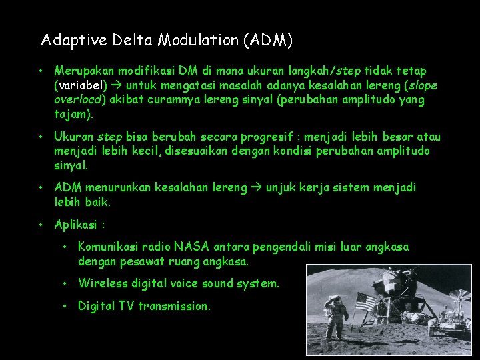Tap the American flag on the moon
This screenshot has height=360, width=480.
tap(365, 302)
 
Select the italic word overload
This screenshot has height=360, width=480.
tap(77, 100)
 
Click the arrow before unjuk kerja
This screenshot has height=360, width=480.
tap(257, 188)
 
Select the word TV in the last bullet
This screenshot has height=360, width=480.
tap(126, 306)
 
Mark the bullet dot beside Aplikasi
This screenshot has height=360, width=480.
tap(41, 224)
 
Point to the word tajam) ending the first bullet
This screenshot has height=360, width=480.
tap(73, 115)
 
